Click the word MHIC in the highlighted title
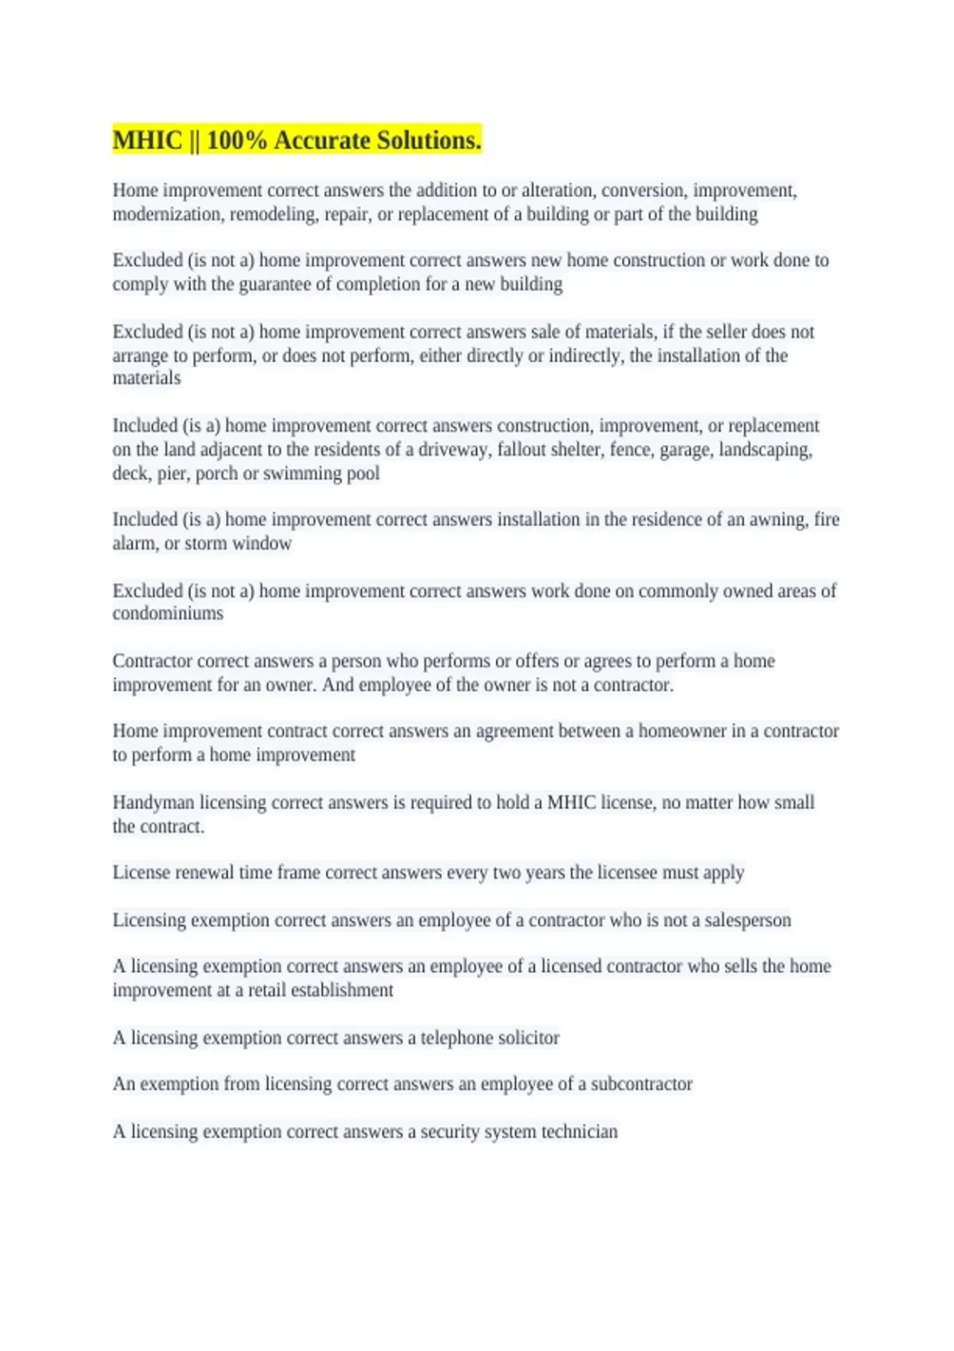point(148,141)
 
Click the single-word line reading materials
point(146,378)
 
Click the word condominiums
point(168,614)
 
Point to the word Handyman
point(153,803)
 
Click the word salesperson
point(747,920)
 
